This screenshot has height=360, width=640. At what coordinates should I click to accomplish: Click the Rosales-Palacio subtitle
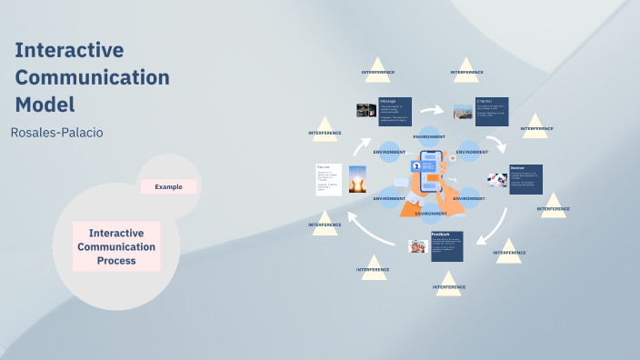point(56,133)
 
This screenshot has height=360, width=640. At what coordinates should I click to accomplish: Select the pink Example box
point(168,186)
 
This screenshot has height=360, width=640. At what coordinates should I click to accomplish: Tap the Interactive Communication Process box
point(116,246)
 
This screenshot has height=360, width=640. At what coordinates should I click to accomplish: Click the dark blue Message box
point(395,112)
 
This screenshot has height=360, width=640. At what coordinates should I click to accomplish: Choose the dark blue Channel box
point(492,112)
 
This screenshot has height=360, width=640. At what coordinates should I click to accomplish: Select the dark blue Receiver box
point(525,179)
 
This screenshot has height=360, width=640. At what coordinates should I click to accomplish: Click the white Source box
point(328,179)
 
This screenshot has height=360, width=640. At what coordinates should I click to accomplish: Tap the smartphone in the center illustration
point(430,177)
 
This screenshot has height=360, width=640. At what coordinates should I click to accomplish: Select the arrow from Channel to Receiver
point(496,144)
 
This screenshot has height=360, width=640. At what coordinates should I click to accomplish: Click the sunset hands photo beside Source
point(357,179)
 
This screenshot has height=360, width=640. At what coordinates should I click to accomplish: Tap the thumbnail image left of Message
point(366,110)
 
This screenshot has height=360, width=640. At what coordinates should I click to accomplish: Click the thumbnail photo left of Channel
point(463,111)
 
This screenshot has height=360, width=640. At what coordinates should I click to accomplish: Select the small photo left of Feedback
point(418,245)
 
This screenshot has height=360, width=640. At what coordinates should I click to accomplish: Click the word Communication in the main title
point(92,77)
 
